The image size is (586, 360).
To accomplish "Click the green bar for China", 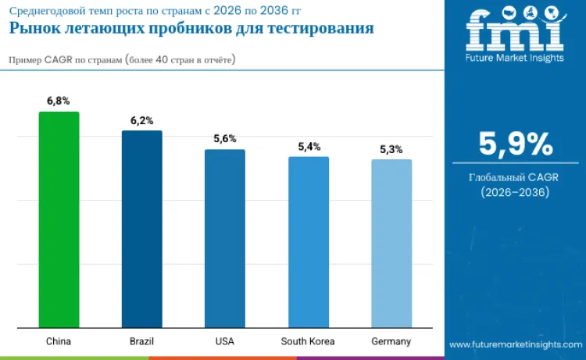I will point(59,219).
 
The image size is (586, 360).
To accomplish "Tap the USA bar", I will point(224,238).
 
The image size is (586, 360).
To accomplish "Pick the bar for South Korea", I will point(308,242).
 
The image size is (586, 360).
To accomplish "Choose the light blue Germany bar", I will point(391,244).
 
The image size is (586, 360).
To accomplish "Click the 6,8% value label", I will point(59,102).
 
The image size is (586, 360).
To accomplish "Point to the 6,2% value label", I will point(141,120).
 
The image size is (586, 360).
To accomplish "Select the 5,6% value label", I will point(224,139).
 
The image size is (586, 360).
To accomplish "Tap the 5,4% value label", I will point(308,146).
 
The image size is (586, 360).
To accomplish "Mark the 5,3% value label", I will point(391,149).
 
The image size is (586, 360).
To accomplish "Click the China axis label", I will point(59,341).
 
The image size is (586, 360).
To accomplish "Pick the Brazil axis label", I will point(141,341).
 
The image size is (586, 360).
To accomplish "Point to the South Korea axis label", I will point(308,341).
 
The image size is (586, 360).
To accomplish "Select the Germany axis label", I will point(391,341).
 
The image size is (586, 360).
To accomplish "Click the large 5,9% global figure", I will point(515,144).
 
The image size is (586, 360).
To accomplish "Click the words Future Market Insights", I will point(514,57).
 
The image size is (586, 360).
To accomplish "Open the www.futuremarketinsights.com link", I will point(515,344).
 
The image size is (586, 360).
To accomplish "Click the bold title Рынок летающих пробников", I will point(191,28).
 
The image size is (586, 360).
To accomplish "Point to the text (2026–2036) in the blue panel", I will point(515,192).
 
